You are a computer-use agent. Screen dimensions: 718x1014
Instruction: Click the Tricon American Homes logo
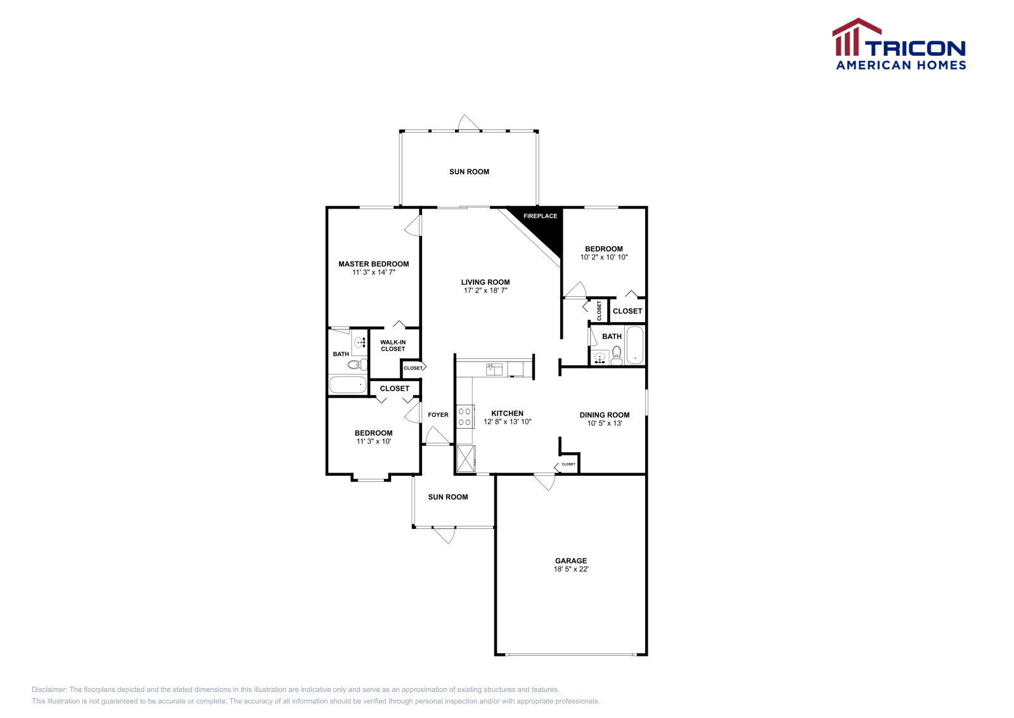(x=899, y=44)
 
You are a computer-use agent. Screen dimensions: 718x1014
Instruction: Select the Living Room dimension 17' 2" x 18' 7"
(x=485, y=290)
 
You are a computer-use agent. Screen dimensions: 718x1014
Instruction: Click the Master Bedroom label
(x=373, y=264)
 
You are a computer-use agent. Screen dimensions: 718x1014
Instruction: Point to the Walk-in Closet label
(x=393, y=346)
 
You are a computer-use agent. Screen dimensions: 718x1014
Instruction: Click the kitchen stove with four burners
(x=465, y=416)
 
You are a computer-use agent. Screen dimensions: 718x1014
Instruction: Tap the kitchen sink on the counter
(x=494, y=369)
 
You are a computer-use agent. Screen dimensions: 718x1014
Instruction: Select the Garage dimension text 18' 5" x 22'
(x=571, y=569)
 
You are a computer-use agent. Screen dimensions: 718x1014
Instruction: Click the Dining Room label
(x=605, y=415)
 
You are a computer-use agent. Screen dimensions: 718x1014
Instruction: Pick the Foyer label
(x=438, y=415)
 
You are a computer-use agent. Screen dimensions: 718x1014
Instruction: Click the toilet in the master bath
(x=358, y=364)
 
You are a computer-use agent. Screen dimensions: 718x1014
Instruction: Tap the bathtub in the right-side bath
(x=634, y=345)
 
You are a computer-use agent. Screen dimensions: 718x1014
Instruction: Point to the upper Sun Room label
(x=469, y=172)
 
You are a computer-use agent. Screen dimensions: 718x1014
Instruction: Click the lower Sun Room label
(x=448, y=497)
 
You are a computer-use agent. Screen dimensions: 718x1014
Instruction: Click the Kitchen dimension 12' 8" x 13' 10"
(x=507, y=422)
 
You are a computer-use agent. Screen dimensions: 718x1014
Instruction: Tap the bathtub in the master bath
(x=347, y=384)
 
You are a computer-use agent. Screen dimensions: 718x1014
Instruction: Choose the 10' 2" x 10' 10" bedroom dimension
(x=604, y=258)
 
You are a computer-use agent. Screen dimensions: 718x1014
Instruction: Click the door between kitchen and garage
(x=544, y=481)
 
